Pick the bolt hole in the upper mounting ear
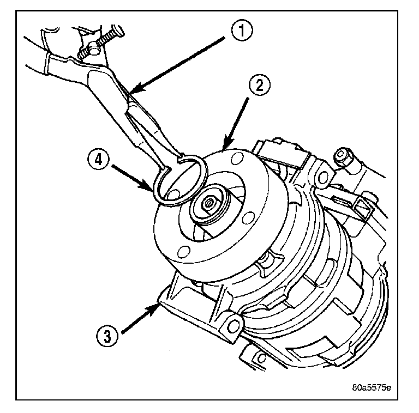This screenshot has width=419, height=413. click(322, 177)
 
